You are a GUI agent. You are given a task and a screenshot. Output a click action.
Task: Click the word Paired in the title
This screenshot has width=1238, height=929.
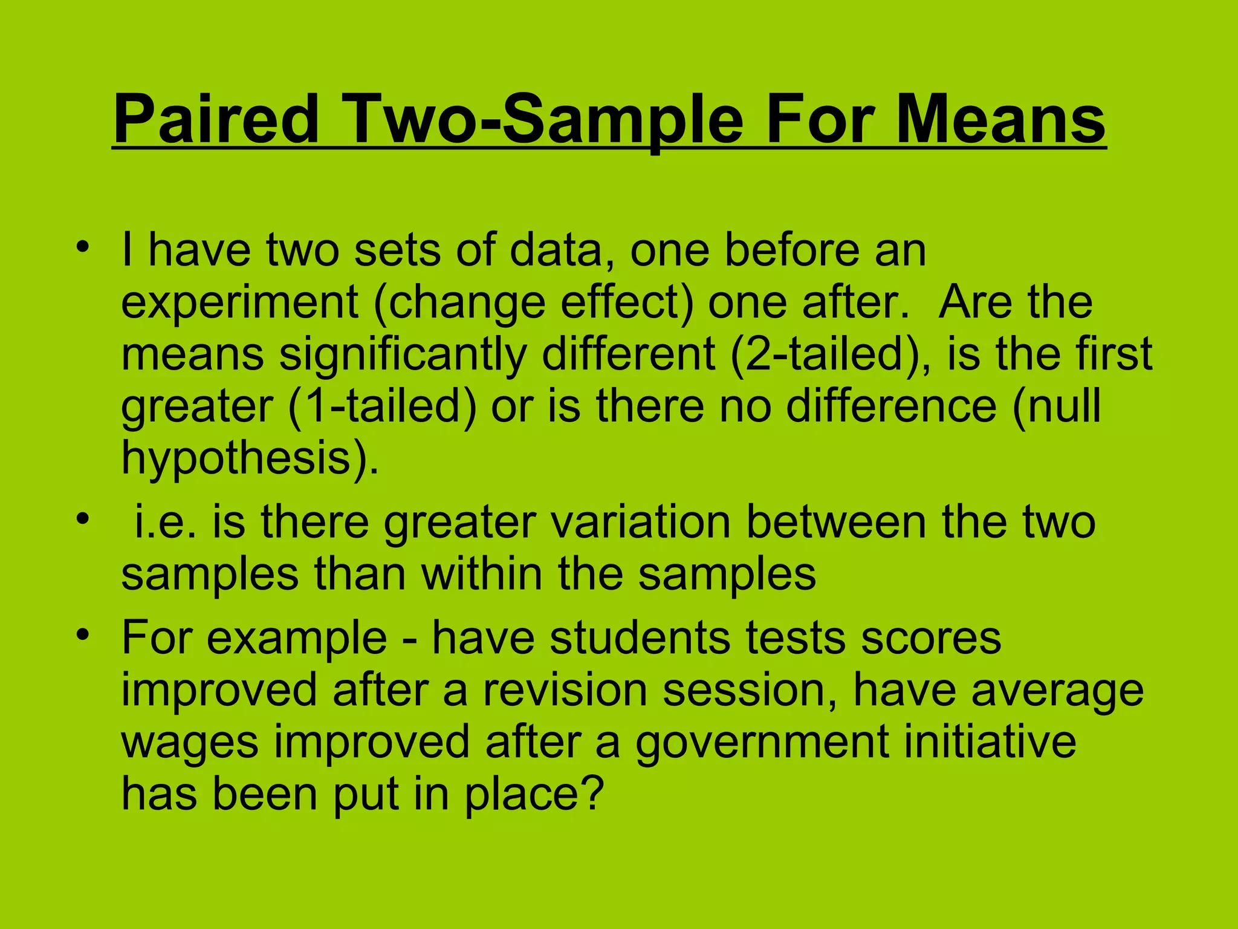(216, 119)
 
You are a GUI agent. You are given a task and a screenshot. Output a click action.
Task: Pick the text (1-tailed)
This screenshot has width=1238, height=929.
(382, 406)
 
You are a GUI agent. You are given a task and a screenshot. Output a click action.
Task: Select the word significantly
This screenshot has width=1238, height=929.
(403, 355)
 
